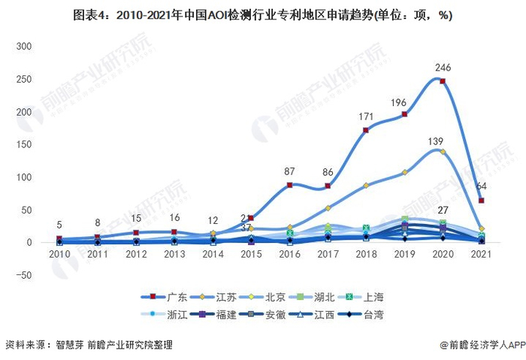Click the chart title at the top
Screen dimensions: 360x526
pyautogui.click(x=262, y=14)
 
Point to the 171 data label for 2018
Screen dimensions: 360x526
pyautogui.click(x=366, y=117)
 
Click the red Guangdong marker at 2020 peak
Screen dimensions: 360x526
pyautogui.click(x=443, y=81)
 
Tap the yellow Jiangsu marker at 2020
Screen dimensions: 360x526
pyautogui.click(x=443, y=152)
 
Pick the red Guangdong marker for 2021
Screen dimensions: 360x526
pyautogui.click(x=481, y=201)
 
